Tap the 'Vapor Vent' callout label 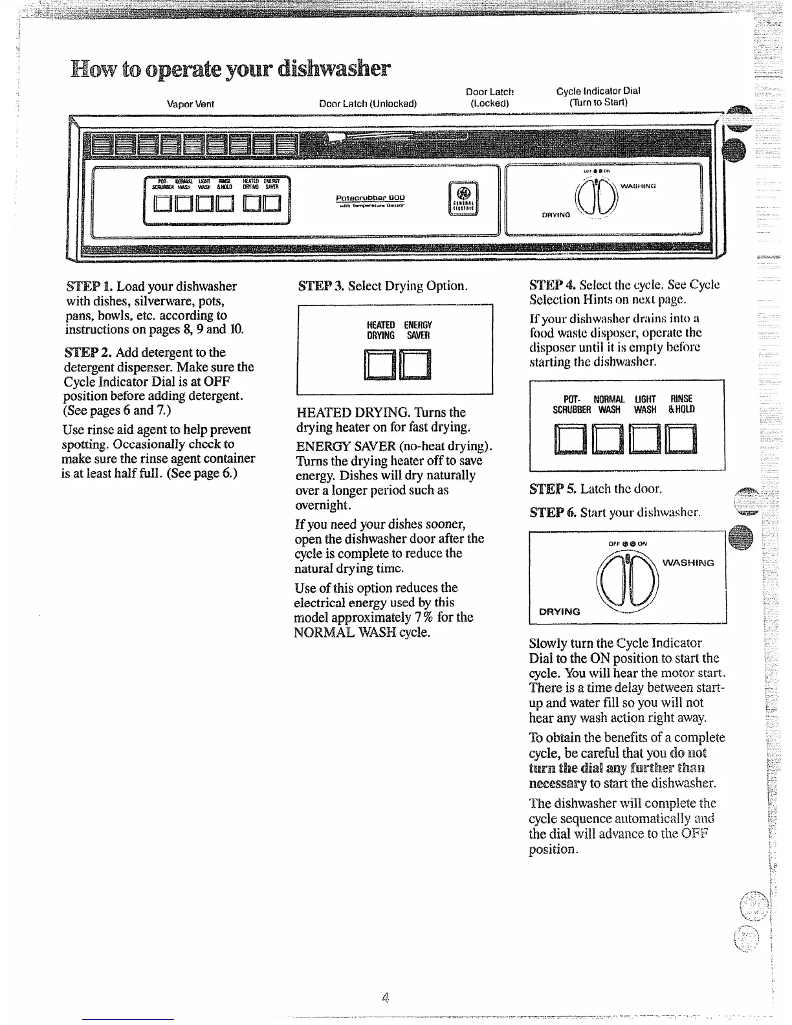[x=190, y=104]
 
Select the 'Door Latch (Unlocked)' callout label [x=368, y=104]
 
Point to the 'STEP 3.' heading [x=320, y=286]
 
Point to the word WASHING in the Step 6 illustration [x=688, y=563]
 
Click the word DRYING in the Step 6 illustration [x=560, y=612]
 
